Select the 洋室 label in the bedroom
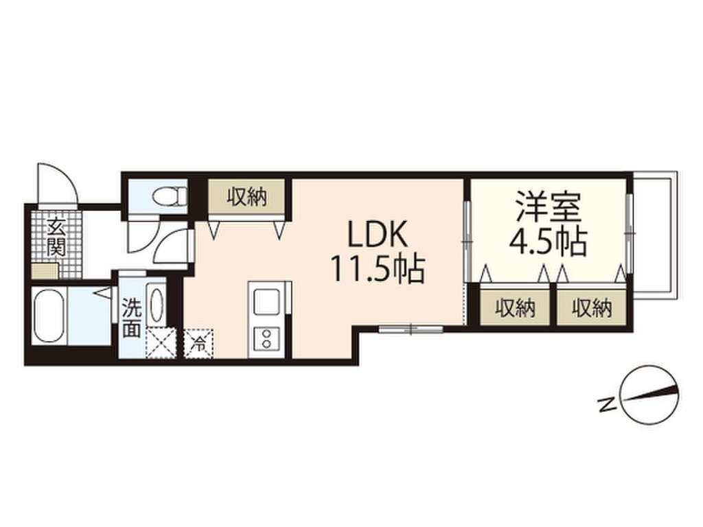point(547,207)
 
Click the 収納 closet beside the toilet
point(247,198)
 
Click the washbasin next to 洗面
point(157,305)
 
